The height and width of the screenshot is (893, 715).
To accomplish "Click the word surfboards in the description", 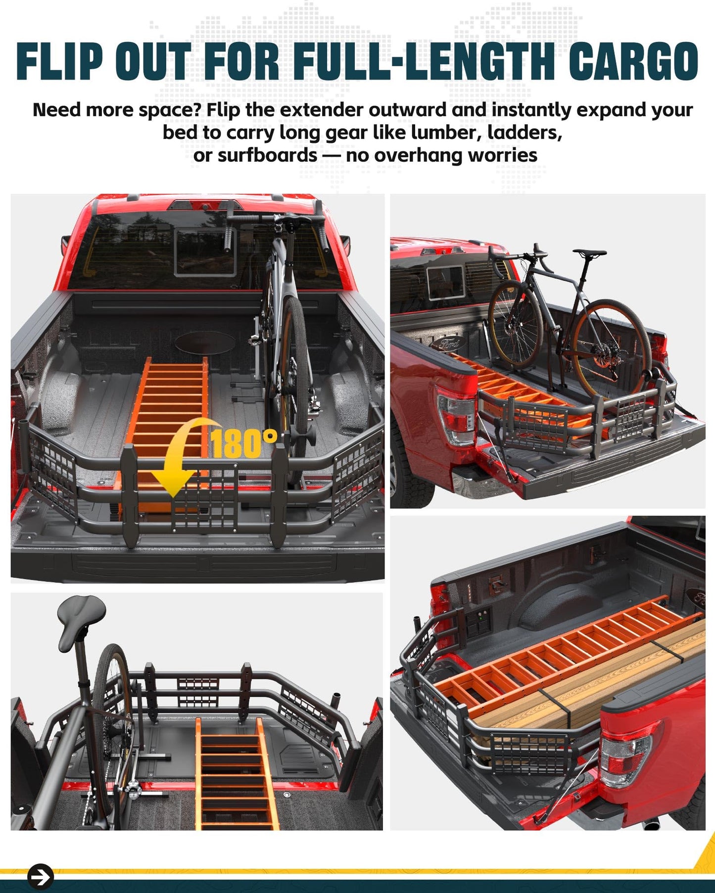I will (267, 155).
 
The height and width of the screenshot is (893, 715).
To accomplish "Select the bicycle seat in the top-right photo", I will (590, 253).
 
